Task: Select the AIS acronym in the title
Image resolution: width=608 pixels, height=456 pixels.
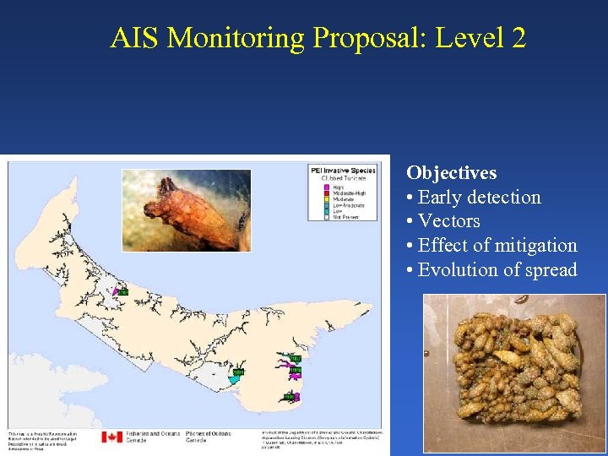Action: pyautogui.click(x=135, y=38)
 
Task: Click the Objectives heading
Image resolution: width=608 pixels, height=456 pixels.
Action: pyautogui.click(x=451, y=173)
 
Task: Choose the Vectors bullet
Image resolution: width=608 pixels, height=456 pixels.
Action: pyautogui.click(x=448, y=221)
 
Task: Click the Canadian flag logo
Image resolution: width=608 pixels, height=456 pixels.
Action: pyautogui.click(x=112, y=437)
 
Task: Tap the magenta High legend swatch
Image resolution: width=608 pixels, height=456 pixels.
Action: pyautogui.click(x=328, y=187)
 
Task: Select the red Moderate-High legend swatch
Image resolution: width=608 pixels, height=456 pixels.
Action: pyautogui.click(x=328, y=193)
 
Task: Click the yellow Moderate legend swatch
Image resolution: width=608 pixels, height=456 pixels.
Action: pyautogui.click(x=328, y=199)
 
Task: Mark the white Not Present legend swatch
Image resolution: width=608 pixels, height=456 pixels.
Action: pyautogui.click(x=328, y=217)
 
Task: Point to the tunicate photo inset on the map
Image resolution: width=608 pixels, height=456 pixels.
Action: pyautogui.click(x=187, y=210)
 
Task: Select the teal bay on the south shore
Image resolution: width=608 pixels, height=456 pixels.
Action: pyautogui.click(x=234, y=381)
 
